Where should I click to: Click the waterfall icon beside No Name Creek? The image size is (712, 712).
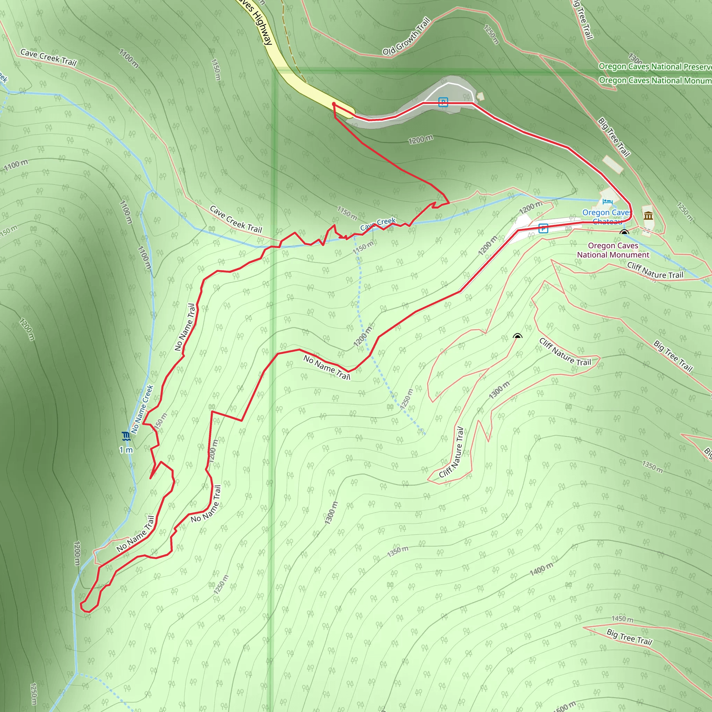point(126,436)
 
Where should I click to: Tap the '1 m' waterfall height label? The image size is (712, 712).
point(126,450)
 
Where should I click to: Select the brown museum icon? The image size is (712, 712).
point(648,216)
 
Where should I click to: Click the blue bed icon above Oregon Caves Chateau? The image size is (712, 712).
point(607,202)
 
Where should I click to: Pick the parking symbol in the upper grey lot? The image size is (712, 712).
point(443,102)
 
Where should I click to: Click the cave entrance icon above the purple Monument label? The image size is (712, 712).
point(624,233)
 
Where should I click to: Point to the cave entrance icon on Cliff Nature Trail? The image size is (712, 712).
point(517,336)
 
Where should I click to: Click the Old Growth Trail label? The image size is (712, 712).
point(406,36)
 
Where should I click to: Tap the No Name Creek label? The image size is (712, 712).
point(142,410)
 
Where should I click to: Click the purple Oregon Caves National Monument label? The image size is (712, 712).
point(613,250)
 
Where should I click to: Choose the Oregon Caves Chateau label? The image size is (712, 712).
point(606,217)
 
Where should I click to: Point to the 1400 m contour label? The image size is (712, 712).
point(541,569)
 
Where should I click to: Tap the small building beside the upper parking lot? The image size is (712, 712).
point(480,97)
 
